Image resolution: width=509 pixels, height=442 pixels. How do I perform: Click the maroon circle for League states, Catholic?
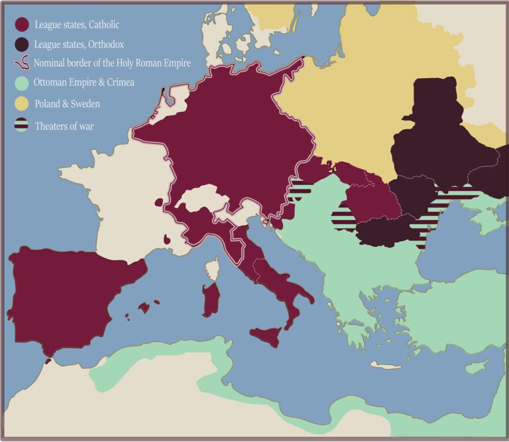pos(22,25)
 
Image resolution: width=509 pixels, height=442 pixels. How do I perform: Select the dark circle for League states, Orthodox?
pos(22,44)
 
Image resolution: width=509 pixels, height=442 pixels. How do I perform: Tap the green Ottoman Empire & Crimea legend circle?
pos(22,83)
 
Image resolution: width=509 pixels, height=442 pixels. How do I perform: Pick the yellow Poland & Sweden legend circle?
pos(22,104)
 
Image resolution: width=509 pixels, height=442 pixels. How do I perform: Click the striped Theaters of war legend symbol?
pos(22,125)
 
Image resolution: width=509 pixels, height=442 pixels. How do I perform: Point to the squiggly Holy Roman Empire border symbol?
pos(22,64)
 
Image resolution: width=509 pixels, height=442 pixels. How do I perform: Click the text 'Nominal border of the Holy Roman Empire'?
pos(113,64)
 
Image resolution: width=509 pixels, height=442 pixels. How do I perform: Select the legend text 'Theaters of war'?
pos(64,125)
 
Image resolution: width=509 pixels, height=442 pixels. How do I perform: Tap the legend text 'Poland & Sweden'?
pos(67,105)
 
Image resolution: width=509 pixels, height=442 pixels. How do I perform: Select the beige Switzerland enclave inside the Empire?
pos(199,199)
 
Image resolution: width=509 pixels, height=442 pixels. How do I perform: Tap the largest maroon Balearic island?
pos(144,307)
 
